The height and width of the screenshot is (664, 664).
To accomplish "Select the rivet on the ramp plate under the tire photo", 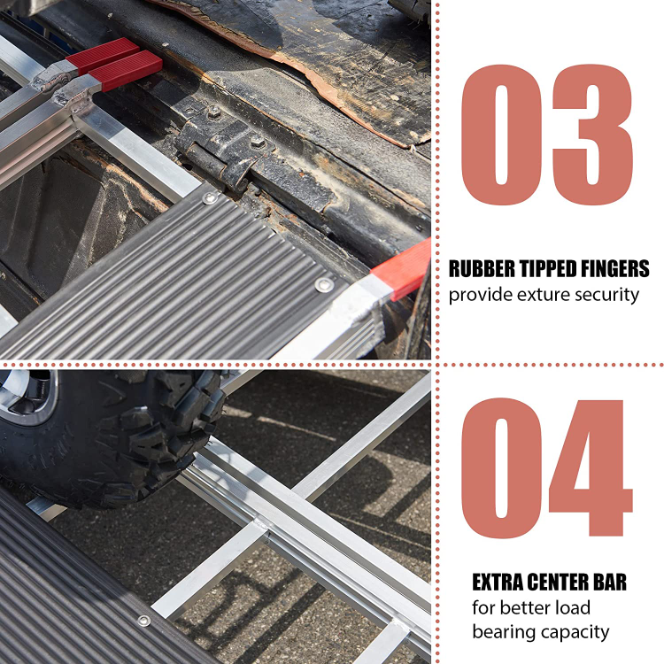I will point(143,621).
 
